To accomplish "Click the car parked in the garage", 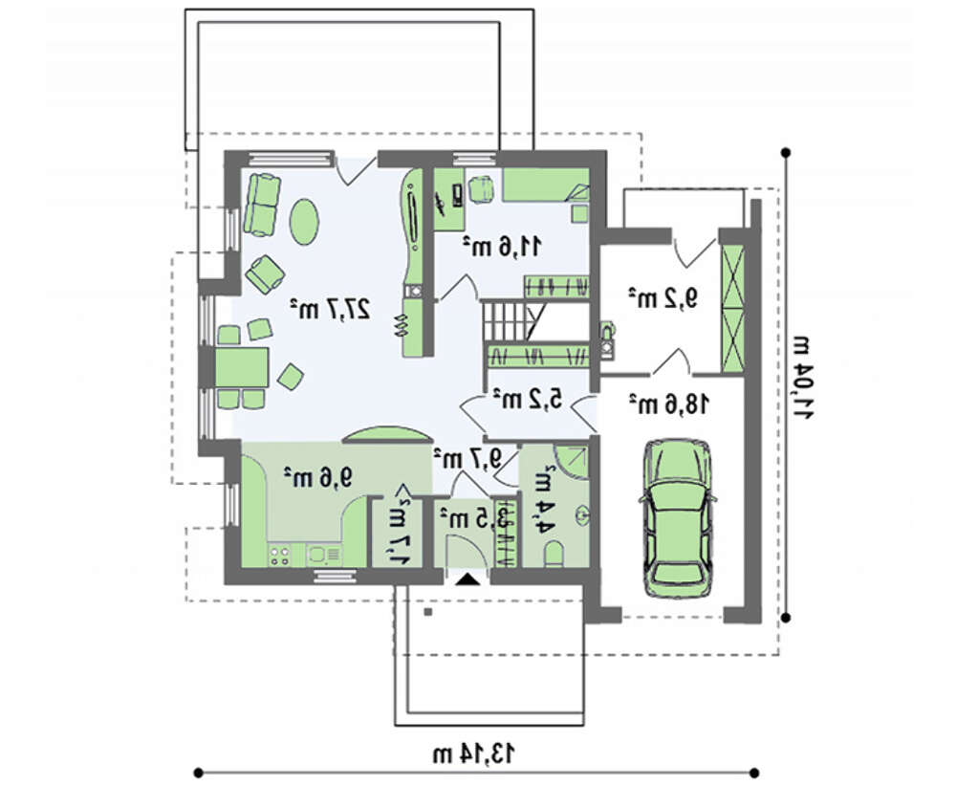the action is pos(677,518).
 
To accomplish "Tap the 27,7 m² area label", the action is pos(329,309).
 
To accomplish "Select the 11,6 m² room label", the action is pos(501,247).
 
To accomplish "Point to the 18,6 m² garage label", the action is pos(669,404).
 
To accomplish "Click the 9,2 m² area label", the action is pos(663,297).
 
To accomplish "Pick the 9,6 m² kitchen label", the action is pos(318,476).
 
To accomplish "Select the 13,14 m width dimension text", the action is pos(474,753).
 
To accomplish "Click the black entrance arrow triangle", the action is pos(468,579).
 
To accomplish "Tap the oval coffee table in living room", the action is pos(303,222).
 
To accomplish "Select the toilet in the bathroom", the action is pos(554,555).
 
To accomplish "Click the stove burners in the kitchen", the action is pos(280,556).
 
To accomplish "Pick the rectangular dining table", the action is pos(242,368).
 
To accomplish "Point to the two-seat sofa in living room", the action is pos(262,205).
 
